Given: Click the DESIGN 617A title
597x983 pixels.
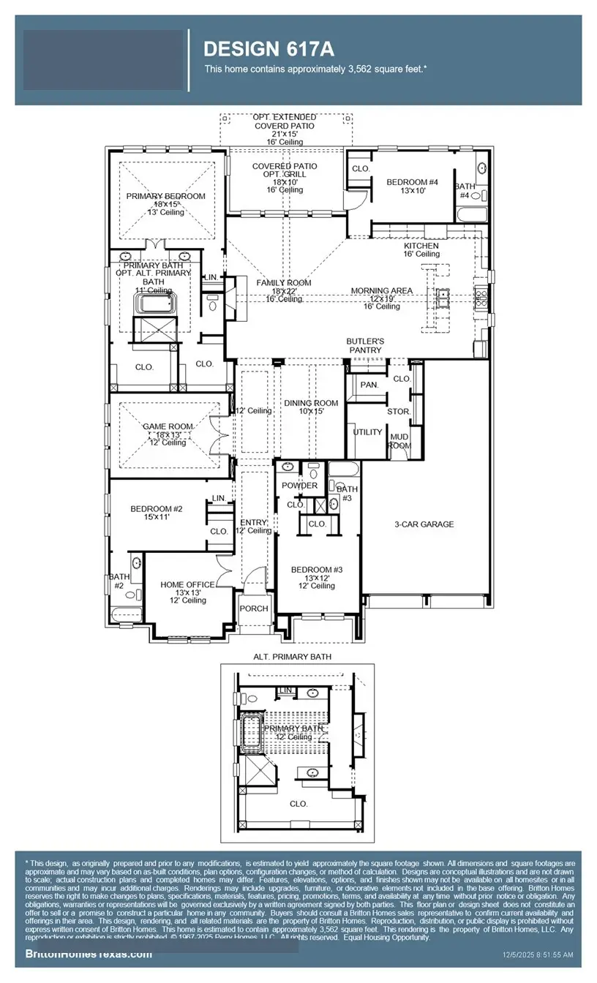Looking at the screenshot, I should tap(269, 49).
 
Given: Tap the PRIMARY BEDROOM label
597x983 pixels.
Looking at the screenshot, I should tap(165, 196).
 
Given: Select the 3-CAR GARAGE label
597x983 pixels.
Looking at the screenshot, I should tap(424, 524).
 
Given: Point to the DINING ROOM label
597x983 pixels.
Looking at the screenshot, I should tap(311, 403).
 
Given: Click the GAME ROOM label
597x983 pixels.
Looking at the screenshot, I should tap(168, 426).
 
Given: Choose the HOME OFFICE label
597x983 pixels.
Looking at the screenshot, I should tap(188, 584).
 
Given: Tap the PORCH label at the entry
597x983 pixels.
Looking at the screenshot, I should tap(254, 609).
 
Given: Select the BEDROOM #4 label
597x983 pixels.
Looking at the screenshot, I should tap(412, 182).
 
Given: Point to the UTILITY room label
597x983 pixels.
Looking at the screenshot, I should tap(367, 432).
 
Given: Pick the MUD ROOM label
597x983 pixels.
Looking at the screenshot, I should tap(399, 441).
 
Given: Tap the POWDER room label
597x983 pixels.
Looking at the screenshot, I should tap(300, 486).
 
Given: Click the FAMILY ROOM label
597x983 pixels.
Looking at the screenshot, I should tap(283, 282).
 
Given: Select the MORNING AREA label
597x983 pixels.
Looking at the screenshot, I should tap(381, 290).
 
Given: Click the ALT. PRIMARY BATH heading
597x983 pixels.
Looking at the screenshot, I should tap(292, 657).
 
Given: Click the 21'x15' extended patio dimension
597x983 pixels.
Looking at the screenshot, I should tap(285, 134).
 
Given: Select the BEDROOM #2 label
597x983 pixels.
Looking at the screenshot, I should tap(156, 509).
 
